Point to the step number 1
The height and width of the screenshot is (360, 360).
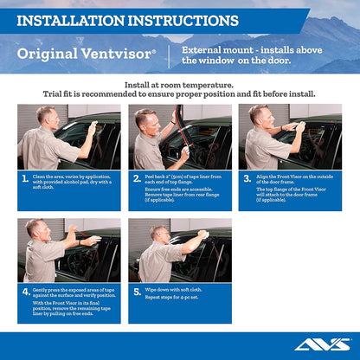point(25,180)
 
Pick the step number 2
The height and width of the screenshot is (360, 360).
point(137,180)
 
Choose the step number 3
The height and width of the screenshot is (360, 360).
point(247,180)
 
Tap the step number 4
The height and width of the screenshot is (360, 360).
point(25,291)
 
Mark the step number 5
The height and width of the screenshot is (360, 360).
point(137,291)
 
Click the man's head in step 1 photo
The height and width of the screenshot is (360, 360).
point(45,114)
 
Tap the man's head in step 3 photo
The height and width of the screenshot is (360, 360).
point(259,114)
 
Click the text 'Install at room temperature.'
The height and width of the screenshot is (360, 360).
point(179,86)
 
